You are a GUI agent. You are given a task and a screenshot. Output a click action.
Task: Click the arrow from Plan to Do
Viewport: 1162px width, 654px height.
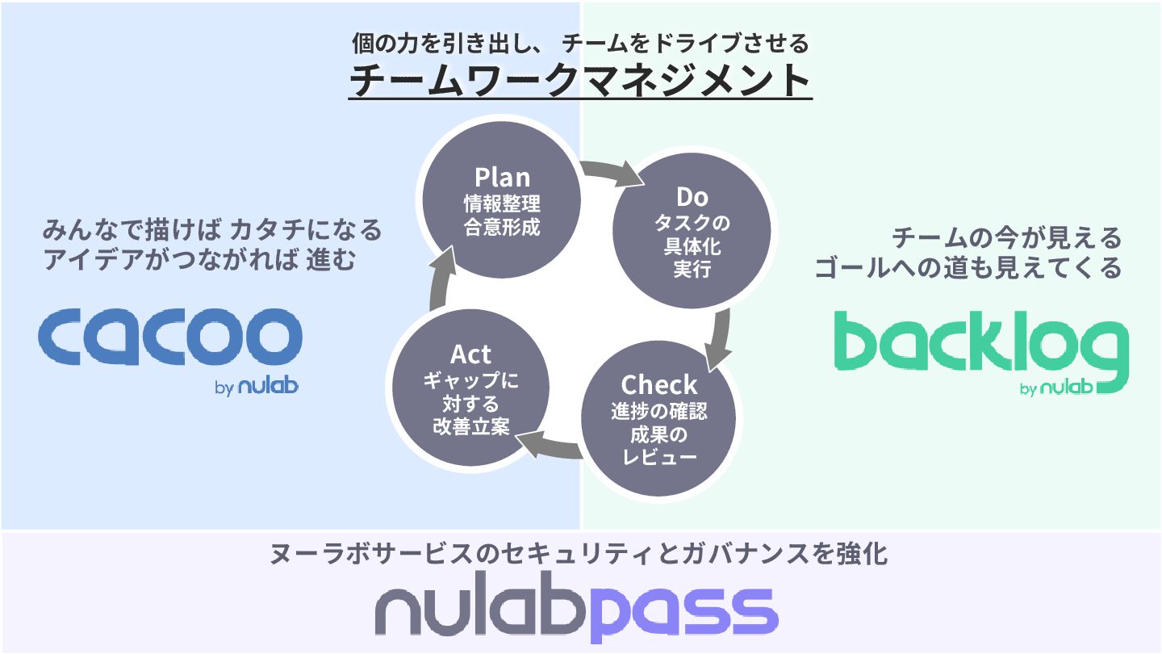click(x=609, y=170)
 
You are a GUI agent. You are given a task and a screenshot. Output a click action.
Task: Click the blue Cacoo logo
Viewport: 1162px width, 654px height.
click(x=169, y=337)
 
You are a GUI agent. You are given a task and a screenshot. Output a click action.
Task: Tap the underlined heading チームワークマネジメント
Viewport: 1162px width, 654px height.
click(x=580, y=81)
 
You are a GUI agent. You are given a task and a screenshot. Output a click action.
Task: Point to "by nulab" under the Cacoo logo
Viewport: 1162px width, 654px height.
click(x=257, y=387)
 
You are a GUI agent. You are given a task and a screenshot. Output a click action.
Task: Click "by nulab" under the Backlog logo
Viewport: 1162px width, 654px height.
click(x=1056, y=388)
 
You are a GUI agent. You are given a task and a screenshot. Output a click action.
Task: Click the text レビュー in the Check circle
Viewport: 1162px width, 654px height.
click(x=658, y=459)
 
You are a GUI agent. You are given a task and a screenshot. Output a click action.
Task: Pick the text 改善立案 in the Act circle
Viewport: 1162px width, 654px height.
click(x=470, y=427)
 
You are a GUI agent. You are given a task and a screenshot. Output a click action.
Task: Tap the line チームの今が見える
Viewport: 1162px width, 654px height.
click(x=1006, y=238)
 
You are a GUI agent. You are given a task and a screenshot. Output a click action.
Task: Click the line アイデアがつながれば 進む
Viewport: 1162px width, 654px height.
click(x=199, y=261)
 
